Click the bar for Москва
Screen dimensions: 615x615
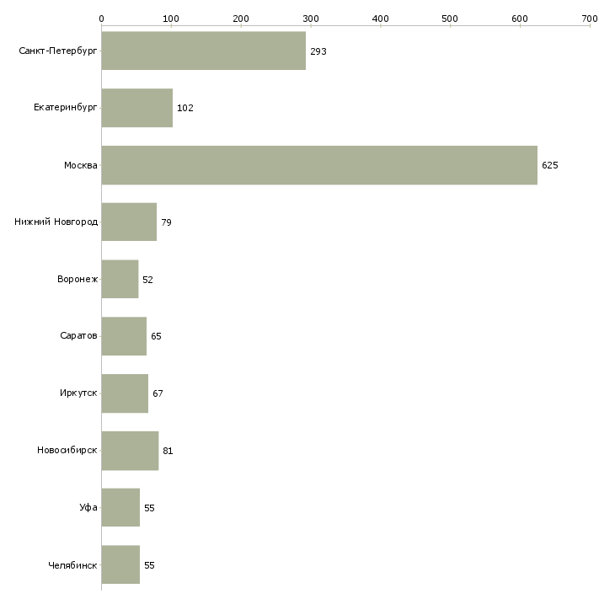[x=319, y=165]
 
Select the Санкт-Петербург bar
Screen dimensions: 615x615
[x=203, y=51]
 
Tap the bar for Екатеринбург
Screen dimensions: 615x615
[x=136, y=108]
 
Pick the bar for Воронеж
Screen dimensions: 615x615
[x=120, y=279]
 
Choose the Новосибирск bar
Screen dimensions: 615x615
[x=130, y=451]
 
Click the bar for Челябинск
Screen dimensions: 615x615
[x=120, y=564]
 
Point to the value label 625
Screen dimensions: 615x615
[x=550, y=165]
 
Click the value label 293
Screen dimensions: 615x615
[x=318, y=51]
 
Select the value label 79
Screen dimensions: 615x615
[x=167, y=222]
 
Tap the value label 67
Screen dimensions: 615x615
[x=158, y=393]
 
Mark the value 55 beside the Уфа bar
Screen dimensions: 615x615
[x=149, y=508]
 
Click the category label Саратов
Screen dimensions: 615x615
[x=78, y=336]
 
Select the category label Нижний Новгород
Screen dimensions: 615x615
[x=56, y=222]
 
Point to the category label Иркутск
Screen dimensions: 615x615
[x=78, y=393]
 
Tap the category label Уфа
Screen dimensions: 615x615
[x=88, y=508]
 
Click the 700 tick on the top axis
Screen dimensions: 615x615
[x=590, y=18]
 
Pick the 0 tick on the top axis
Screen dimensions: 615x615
[x=101, y=18]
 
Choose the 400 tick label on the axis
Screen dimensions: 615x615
[x=381, y=18]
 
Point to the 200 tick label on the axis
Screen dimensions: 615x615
[x=241, y=18]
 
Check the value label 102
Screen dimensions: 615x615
[x=185, y=108]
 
